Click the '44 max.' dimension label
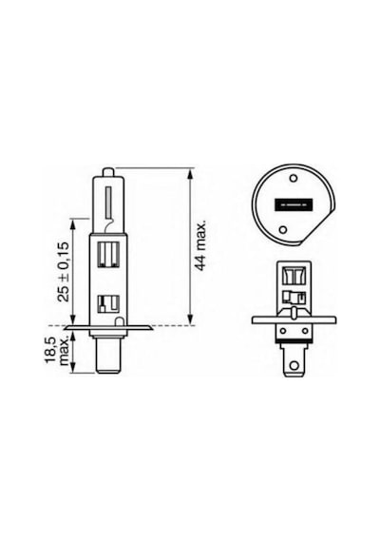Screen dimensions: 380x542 [200, 244]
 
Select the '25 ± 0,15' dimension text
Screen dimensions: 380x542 [64, 272]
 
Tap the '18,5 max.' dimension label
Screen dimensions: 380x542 [57, 352]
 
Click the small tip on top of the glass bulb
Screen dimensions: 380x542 [107, 172]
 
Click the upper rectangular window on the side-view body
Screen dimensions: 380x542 [109, 254]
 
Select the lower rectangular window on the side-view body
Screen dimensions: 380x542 [109, 304]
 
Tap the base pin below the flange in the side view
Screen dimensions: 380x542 [108, 355]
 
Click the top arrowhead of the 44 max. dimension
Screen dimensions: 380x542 [190, 172]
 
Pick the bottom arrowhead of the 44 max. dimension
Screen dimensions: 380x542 [190, 321]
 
